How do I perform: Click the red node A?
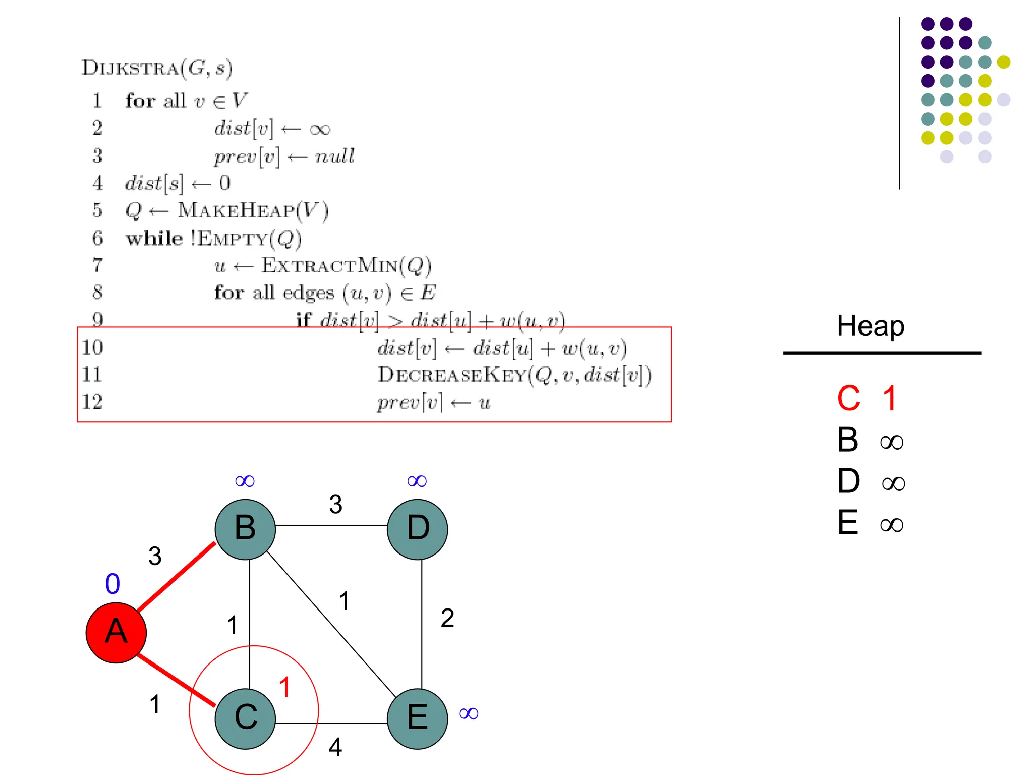[116, 632]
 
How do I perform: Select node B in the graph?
[245, 529]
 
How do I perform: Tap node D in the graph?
[418, 529]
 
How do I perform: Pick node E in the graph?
[418, 718]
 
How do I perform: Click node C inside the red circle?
[245, 718]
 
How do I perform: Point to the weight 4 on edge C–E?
[335, 747]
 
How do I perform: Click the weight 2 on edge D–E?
[447, 618]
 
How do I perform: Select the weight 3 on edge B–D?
[336, 504]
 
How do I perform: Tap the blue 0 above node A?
[112, 584]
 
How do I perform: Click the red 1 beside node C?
[285, 687]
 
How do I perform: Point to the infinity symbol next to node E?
[469, 713]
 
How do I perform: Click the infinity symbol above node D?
[417, 481]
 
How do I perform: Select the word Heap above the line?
[871, 326]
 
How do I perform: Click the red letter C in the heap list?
[849, 399]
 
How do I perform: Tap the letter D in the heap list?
[849, 481]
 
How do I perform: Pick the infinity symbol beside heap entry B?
[892, 442]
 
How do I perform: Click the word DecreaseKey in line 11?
[452, 375]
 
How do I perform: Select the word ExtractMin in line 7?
[330, 265]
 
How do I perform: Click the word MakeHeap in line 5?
[236, 210]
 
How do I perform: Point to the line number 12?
[92, 402]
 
